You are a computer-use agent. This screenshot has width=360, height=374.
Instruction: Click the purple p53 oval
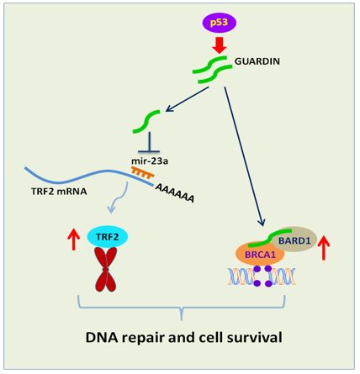(220, 23)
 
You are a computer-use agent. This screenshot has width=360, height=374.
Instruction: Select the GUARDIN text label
(257, 61)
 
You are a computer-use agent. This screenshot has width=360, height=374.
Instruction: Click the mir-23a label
(150, 161)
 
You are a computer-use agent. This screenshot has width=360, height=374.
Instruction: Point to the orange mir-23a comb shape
(143, 172)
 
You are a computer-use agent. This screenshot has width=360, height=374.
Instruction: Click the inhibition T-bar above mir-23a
(149, 142)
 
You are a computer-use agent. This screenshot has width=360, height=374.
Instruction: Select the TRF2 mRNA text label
(59, 192)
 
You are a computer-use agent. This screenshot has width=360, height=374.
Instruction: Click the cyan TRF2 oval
(108, 237)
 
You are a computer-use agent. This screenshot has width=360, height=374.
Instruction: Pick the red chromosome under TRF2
(106, 269)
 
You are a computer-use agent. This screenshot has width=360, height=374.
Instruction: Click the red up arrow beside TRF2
(74, 239)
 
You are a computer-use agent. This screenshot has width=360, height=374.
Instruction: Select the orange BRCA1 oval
(261, 254)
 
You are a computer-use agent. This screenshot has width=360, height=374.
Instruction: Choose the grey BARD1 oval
(294, 240)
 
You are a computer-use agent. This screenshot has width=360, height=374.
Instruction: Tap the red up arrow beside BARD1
(324, 248)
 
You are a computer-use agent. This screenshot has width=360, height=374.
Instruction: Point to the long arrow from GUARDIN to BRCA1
(244, 156)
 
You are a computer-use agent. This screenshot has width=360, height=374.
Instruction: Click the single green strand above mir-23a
(146, 122)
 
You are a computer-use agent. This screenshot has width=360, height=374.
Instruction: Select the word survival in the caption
(255, 337)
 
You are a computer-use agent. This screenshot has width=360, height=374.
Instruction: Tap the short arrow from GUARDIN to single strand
(187, 99)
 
